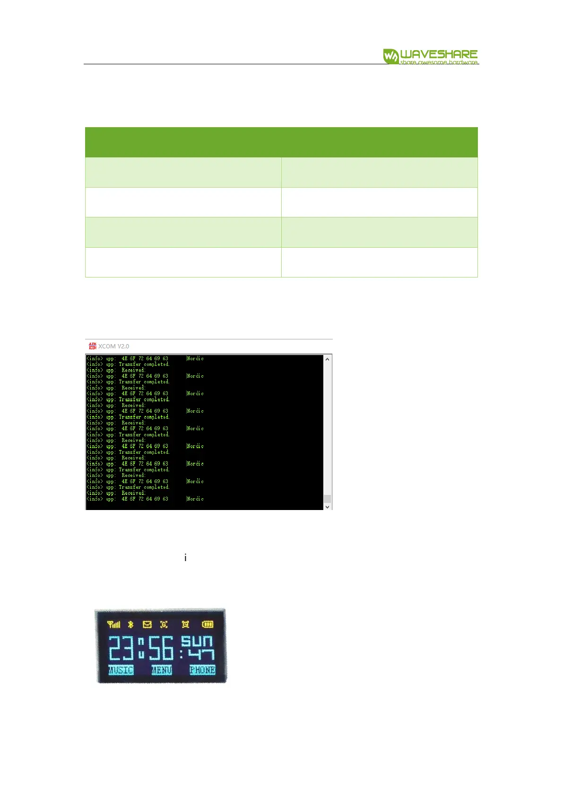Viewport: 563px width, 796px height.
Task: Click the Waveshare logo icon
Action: (x=390, y=56)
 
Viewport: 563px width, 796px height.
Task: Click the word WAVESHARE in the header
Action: (x=439, y=54)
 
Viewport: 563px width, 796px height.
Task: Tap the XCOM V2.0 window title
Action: (x=113, y=346)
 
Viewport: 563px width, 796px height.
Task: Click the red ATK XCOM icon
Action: (x=93, y=346)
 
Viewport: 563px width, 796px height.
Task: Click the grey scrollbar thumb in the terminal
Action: (x=327, y=498)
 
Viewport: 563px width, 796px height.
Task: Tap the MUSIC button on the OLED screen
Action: (x=121, y=670)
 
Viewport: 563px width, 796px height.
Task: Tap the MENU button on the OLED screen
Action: (x=161, y=670)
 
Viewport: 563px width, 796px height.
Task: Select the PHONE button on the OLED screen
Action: (x=202, y=670)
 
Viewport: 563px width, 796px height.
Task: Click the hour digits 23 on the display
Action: (x=122, y=648)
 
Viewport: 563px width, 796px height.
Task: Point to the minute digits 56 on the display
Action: (x=161, y=648)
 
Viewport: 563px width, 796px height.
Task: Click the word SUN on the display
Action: (x=197, y=641)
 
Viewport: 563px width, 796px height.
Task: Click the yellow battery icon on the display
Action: (x=208, y=624)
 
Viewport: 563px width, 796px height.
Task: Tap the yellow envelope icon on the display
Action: (x=147, y=624)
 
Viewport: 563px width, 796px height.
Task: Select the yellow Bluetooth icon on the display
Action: (x=131, y=624)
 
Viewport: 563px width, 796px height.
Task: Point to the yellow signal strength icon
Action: (x=114, y=624)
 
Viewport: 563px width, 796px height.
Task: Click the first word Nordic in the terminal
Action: (x=195, y=358)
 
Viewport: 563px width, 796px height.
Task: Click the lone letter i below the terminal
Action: (x=185, y=558)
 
